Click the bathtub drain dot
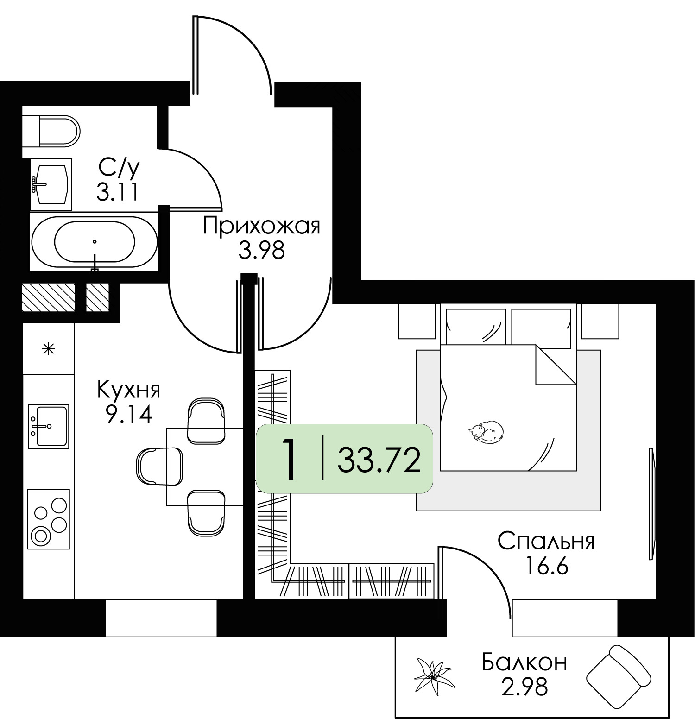click(95, 241)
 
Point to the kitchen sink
click(48, 426)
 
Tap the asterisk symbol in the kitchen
click(48, 348)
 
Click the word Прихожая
click(262, 227)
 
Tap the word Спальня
click(546, 541)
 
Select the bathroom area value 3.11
click(117, 191)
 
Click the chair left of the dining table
click(160, 466)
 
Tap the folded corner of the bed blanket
click(556, 364)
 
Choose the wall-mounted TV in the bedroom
click(651, 504)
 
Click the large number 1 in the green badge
click(290, 460)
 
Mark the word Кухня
click(128, 390)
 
